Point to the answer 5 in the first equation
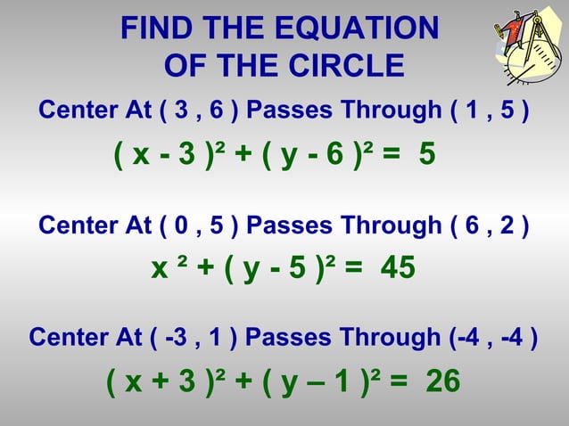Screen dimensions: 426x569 [426, 156]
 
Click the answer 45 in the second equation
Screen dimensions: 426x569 [397, 268]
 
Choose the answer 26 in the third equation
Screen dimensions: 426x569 [442, 381]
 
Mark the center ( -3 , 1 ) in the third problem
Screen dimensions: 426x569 [191, 339]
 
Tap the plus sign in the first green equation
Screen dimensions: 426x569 [243, 156]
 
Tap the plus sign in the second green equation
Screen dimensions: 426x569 [199, 268]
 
